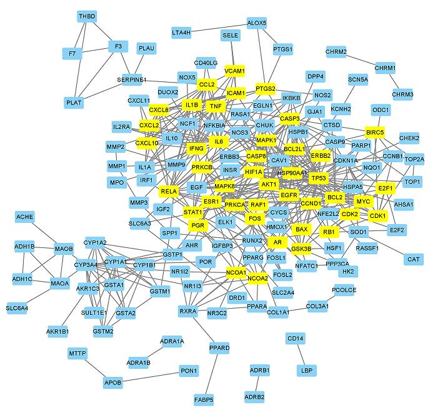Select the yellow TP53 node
pos(319,178)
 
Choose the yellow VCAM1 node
pos(235,70)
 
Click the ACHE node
pos(25,217)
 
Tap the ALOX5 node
pos(257,23)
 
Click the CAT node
pos(413,259)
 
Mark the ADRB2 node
pos(254,396)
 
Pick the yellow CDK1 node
pos(378,215)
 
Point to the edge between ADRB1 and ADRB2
pos(256,383)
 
